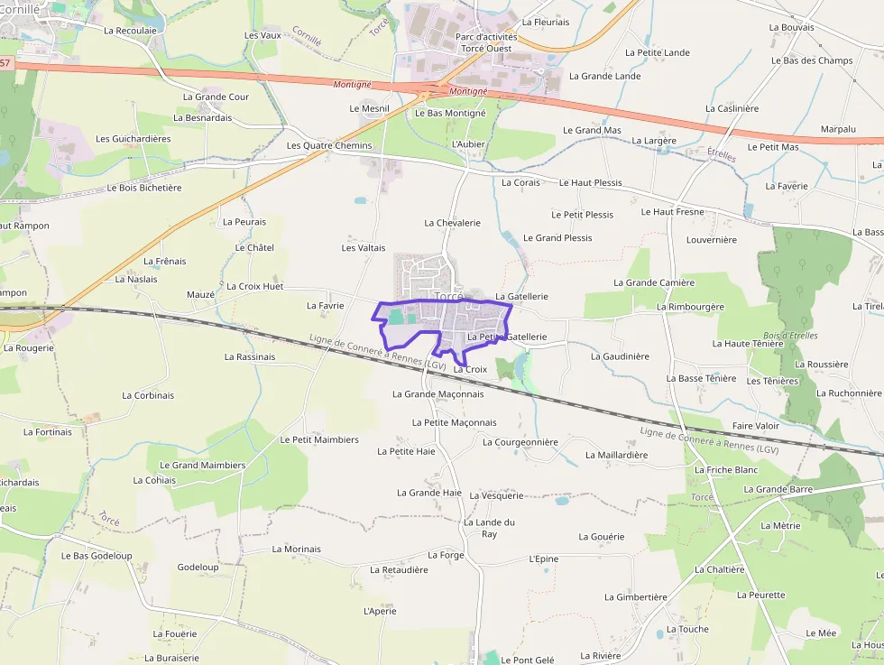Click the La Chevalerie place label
452,222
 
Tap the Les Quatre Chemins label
328,145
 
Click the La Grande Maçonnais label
437,393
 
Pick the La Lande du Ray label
489,528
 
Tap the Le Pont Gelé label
528,660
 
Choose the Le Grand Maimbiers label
202,465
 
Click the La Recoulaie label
130,30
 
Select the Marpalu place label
838,129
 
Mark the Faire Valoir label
755,425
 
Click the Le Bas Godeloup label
97,555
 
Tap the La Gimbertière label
635,596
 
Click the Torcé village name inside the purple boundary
448,296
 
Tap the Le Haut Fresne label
672,211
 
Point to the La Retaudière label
399,569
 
